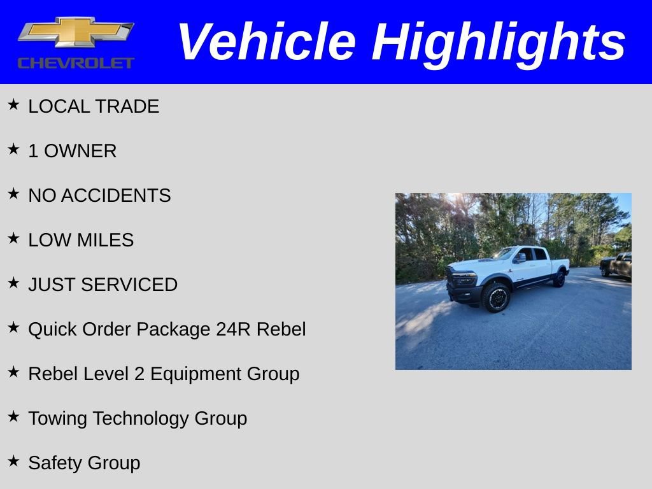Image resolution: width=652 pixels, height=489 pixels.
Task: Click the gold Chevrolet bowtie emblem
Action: tap(75, 32)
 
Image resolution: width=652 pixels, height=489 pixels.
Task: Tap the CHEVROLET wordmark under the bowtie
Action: tap(76, 62)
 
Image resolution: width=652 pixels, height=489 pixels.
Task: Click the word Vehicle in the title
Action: tap(266, 42)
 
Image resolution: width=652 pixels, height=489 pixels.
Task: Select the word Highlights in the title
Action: tap(499, 42)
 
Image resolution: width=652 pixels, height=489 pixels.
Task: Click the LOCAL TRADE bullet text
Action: tap(94, 106)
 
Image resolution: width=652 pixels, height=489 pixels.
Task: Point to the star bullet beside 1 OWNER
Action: tap(13, 149)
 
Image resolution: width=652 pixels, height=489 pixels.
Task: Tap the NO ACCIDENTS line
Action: tap(99, 195)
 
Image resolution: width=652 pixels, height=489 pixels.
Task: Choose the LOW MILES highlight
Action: tap(81, 240)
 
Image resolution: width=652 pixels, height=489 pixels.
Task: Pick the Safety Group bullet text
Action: tap(84, 463)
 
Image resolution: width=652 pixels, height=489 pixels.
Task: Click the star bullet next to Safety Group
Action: tap(13, 461)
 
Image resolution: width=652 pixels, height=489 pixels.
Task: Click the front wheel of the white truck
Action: tap(495, 297)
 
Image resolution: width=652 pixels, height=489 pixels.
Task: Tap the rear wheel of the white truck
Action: tap(559, 278)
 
